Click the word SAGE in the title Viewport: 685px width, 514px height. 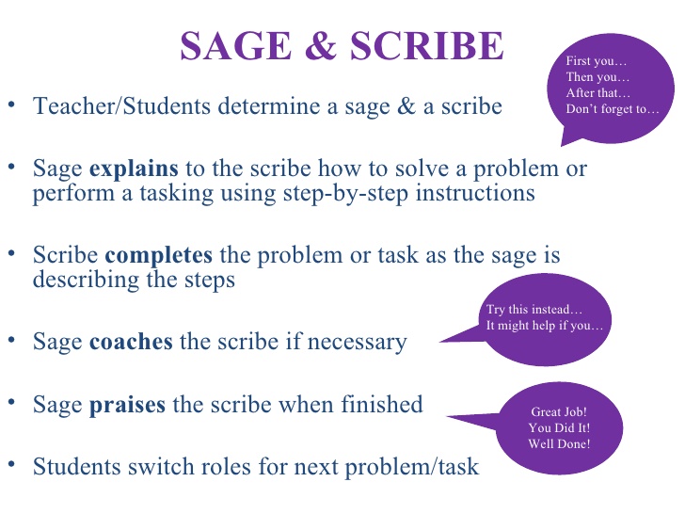(x=236, y=45)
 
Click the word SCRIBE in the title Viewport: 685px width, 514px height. (x=427, y=45)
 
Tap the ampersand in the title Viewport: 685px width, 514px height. (x=321, y=45)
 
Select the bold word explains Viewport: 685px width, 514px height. (x=134, y=169)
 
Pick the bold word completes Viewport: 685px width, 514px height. (x=159, y=256)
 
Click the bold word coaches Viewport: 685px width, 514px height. (x=131, y=342)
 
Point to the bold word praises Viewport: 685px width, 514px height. (x=128, y=405)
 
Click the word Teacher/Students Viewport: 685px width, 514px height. (x=121, y=106)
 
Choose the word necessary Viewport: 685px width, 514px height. (x=358, y=343)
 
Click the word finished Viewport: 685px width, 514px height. (x=382, y=404)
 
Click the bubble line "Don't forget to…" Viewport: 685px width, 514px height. (x=612, y=109)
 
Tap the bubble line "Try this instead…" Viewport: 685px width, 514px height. (x=534, y=310)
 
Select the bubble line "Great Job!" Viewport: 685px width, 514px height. (x=559, y=411)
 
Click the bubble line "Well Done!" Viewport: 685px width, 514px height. (x=559, y=444)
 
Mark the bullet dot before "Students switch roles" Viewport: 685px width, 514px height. (x=12, y=464)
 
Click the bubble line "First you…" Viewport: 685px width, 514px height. (x=597, y=61)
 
